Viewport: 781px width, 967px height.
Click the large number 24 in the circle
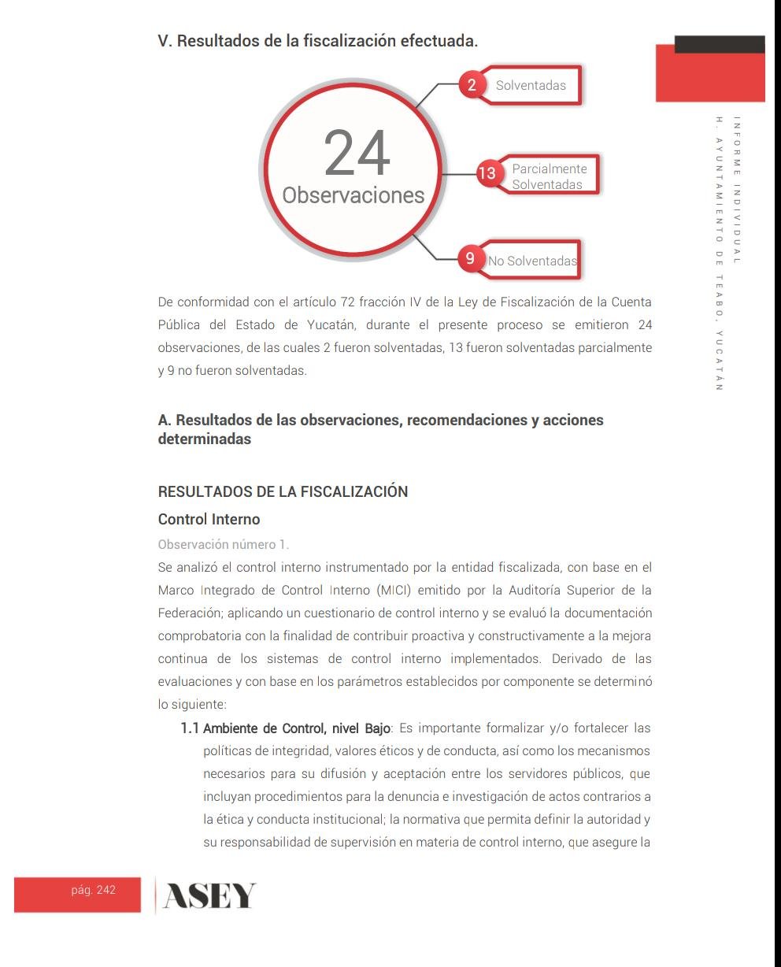point(357,153)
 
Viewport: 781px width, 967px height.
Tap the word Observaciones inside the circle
point(353,195)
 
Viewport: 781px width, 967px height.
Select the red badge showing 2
point(472,85)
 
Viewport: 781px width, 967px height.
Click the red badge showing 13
point(487,172)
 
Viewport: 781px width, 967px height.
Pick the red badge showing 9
point(470,258)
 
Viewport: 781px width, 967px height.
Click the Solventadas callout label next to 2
point(531,86)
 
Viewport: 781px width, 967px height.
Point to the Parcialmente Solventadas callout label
point(549,176)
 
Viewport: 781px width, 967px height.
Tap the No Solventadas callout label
point(532,261)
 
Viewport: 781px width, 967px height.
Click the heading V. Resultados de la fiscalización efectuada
point(317,41)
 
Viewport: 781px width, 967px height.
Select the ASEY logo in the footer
point(209,896)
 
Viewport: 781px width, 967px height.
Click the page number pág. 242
point(93,890)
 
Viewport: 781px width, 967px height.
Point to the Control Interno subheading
point(209,520)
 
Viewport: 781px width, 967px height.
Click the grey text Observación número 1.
point(224,544)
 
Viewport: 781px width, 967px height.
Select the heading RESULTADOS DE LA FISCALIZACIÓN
point(283,491)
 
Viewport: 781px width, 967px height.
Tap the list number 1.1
point(189,728)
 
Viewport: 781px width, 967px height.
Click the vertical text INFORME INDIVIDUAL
point(736,189)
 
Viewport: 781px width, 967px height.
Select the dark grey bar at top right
point(719,44)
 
